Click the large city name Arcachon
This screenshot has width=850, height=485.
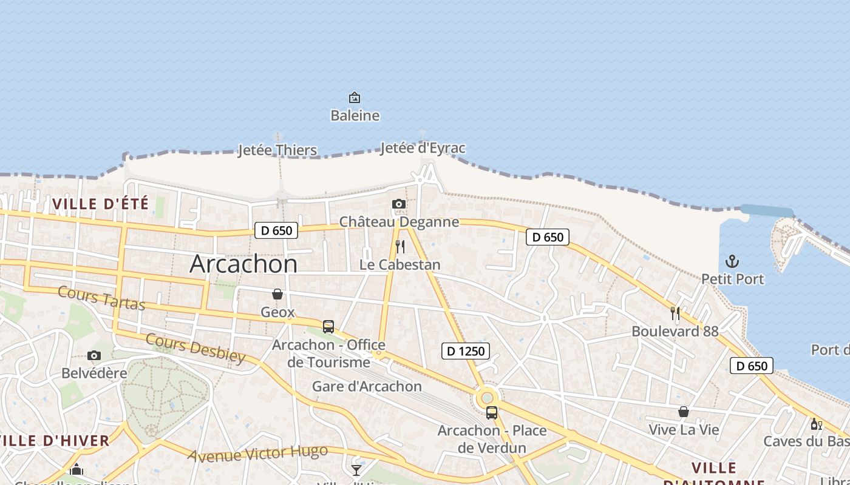pyautogui.click(x=243, y=264)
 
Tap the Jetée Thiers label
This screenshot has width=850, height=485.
pyautogui.click(x=277, y=150)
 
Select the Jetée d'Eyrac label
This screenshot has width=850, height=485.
pyautogui.click(x=423, y=148)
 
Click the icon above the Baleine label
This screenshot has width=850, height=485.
pyautogui.click(x=355, y=98)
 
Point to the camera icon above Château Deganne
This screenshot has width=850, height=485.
pyautogui.click(x=399, y=204)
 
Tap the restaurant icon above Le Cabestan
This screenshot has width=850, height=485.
pyautogui.click(x=399, y=247)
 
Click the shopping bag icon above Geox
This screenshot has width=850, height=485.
pyautogui.click(x=277, y=294)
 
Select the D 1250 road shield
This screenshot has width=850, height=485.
pyautogui.click(x=466, y=350)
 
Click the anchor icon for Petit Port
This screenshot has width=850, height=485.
pyautogui.click(x=732, y=261)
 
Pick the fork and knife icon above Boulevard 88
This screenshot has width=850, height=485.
pyautogui.click(x=675, y=313)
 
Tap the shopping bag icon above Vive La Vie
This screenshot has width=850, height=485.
pyautogui.click(x=684, y=412)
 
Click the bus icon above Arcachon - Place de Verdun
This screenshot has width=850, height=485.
pyautogui.click(x=492, y=413)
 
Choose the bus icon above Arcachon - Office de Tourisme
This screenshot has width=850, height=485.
pyautogui.click(x=328, y=326)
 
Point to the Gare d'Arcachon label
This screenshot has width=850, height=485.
pyautogui.click(x=367, y=386)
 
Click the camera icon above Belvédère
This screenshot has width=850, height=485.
pyautogui.click(x=94, y=355)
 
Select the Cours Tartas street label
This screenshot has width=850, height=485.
pyautogui.click(x=101, y=298)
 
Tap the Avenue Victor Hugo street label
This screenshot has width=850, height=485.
pyautogui.click(x=257, y=453)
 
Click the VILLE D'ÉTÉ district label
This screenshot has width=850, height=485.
pyautogui.click(x=100, y=204)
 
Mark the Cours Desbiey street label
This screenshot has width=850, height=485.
pyautogui.click(x=195, y=348)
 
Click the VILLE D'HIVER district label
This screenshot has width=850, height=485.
pyautogui.click(x=55, y=441)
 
